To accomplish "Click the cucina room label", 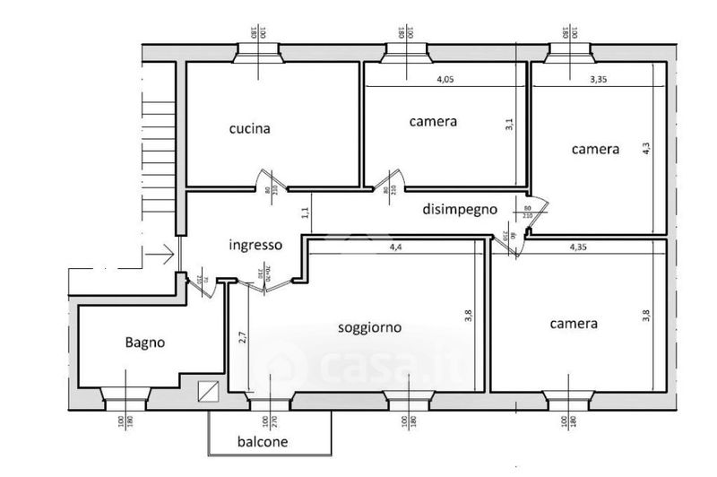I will (250, 129).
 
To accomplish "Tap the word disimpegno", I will (460, 210).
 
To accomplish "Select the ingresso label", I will (256, 245).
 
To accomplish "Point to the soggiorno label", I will (369, 327).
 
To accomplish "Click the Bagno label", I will (145, 342).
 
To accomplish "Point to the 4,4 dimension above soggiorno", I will (395, 247).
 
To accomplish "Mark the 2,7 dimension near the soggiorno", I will (242, 338).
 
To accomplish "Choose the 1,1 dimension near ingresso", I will (306, 213).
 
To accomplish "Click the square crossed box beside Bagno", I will (208, 391).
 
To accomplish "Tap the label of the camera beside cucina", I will (434, 121).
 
